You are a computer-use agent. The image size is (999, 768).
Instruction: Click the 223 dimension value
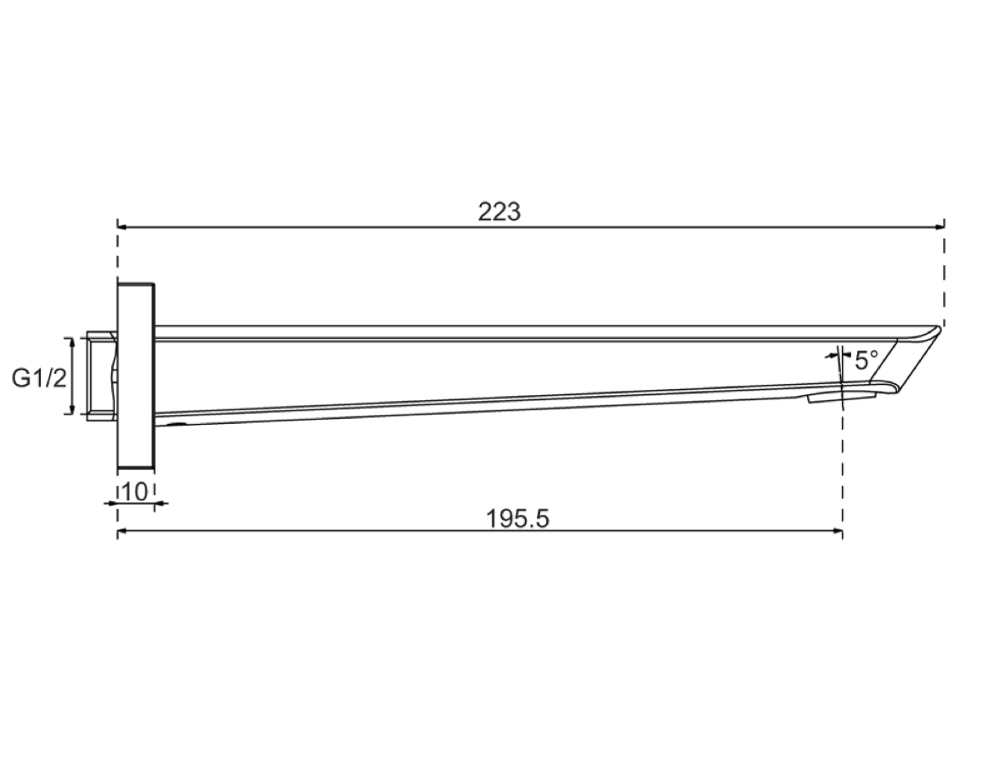coord(499,211)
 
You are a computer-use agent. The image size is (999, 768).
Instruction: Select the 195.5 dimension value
coord(517,519)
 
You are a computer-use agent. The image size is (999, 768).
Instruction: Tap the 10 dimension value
coord(134,491)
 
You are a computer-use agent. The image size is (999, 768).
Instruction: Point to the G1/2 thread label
coord(39,378)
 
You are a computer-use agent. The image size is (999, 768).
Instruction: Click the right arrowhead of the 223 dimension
coord(940,226)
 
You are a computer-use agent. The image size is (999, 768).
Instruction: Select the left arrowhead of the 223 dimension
coord(123,226)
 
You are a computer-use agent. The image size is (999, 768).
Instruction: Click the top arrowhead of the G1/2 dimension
coord(72,344)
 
